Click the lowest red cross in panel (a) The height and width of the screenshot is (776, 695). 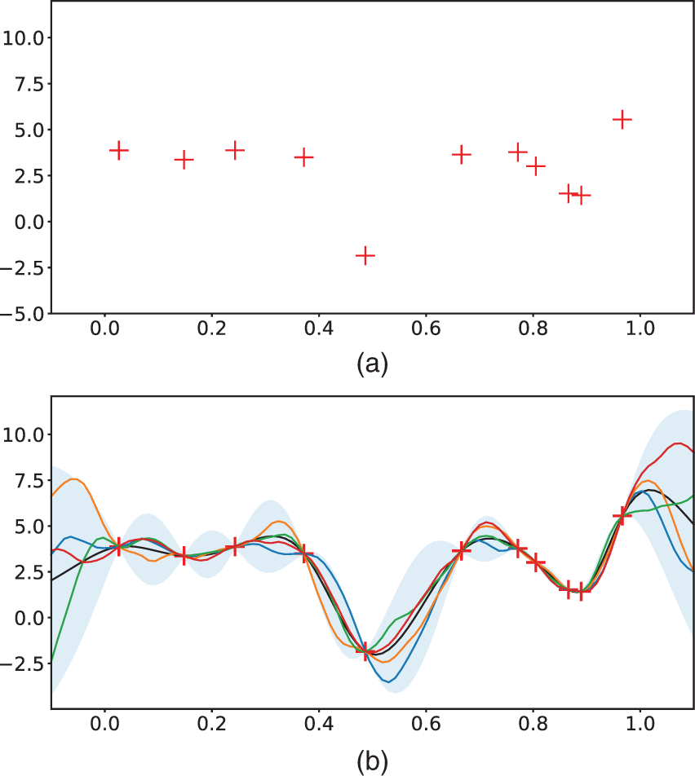coord(365,255)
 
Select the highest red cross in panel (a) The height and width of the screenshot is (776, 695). coord(622,119)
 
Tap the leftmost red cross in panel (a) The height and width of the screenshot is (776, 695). coord(119,150)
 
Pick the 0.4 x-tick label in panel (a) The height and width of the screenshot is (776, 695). coord(318,331)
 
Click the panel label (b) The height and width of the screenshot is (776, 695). coord(372,761)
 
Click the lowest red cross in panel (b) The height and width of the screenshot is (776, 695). coord(365,651)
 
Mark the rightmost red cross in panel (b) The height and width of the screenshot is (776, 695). coord(622,515)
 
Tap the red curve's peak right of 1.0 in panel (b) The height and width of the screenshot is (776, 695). coord(679,443)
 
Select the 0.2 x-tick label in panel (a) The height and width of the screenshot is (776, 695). coord(211,331)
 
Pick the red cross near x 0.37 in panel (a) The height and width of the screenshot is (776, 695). coord(303,157)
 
